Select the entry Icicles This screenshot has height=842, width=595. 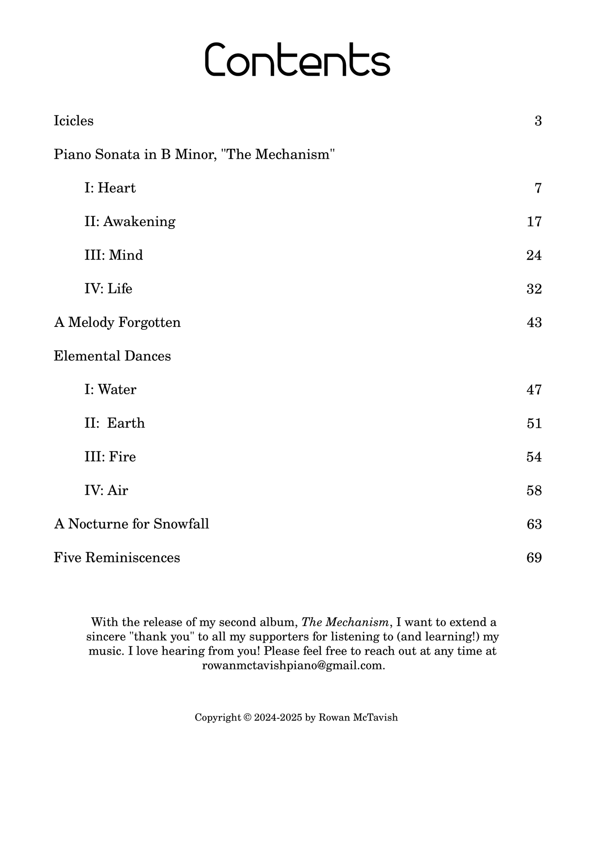click(x=74, y=121)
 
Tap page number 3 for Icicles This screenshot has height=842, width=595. click(x=538, y=121)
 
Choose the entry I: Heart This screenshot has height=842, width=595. click(x=110, y=189)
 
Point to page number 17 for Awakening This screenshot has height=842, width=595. click(x=534, y=222)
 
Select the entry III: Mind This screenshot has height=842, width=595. click(x=114, y=256)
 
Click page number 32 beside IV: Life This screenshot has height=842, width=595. click(x=534, y=289)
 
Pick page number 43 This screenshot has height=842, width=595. click(x=534, y=323)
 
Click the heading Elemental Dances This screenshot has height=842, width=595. click(x=112, y=356)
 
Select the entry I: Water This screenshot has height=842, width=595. click(x=110, y=390)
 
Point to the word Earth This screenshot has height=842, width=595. click(x=126, y=424)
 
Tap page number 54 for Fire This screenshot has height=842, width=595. click(x=534, y=457)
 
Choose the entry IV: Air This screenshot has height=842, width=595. click(x=106, y=491)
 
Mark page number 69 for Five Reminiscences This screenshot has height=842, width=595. click(x=534, y=558)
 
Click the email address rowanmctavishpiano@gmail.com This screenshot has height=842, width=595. click(x=293, y=666)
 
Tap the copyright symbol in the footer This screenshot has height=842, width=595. click(x=247, y=718)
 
